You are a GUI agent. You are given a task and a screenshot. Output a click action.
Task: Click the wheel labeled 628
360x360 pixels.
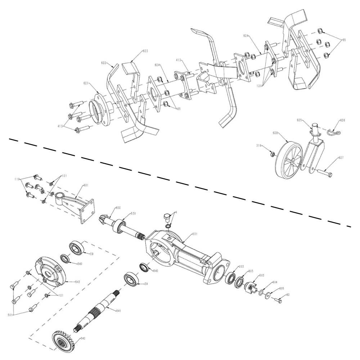(x=288, y=161)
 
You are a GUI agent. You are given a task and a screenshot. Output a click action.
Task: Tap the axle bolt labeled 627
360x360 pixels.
(x=324, y=173)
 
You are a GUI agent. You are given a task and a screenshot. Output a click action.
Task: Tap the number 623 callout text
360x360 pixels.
(x=135, y=51)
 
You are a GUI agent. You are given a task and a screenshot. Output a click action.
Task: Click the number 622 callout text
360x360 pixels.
(x=104, y=63)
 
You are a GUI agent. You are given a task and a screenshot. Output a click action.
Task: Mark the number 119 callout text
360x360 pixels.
(x=17, y=179)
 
